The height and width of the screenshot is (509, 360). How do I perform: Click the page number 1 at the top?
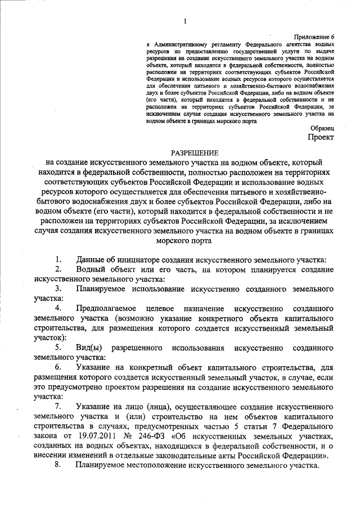(184, 21)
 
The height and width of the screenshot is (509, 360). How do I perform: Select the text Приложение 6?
(314, 35)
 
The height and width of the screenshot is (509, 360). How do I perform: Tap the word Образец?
(321, 129)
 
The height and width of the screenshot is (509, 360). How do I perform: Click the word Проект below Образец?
(320, 138)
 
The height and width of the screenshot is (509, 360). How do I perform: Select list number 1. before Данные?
(58, 259)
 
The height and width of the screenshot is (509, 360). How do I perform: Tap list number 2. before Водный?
(58, 269)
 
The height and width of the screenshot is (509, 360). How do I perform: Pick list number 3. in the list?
(58, 289)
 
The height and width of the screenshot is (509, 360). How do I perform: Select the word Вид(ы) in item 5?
(89, 348)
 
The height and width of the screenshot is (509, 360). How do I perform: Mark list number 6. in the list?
(58, 367)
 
